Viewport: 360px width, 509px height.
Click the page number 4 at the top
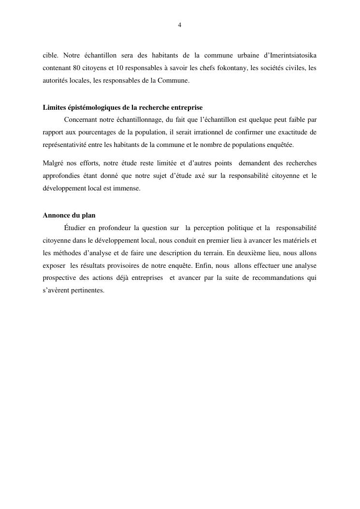(180, 25)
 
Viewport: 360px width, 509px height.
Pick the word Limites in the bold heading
(54, 107)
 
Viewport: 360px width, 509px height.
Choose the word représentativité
(65, 145)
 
